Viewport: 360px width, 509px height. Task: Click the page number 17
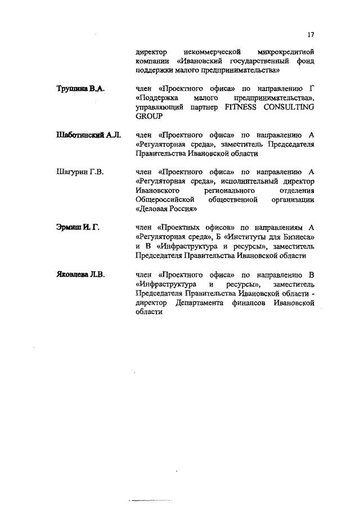click(310, 34)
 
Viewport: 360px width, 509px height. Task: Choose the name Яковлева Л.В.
click(81, 274)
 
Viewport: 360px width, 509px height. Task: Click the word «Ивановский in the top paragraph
click(201, 61)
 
